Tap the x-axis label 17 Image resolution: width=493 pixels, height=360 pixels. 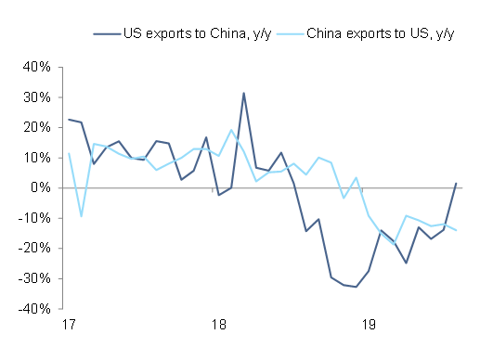coord(69,326)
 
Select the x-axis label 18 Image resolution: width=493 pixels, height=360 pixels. coord(219,326)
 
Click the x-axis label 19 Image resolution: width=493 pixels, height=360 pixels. coord(369,326)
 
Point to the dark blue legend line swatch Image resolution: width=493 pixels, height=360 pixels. coord(107,34)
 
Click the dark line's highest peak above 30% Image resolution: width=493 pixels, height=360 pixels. coord(243,93)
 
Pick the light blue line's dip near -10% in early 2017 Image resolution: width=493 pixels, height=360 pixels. coord(82,216)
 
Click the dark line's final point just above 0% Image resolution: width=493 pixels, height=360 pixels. coord(456,183)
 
